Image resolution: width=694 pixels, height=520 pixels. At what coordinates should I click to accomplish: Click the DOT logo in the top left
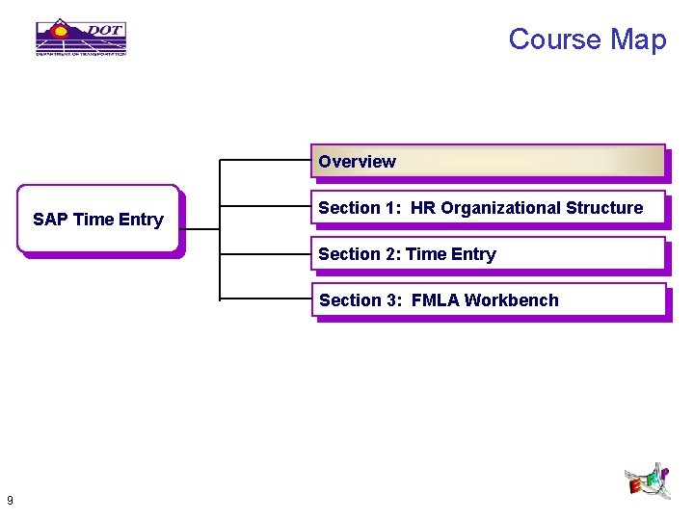[x=81, y=38]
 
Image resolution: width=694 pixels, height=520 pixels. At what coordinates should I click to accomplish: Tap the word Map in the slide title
[x=638, y=39]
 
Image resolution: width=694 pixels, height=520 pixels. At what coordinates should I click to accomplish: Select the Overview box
[x=488, y=162]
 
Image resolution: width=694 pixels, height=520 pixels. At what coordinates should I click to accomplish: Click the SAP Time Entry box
[x=98, y=220]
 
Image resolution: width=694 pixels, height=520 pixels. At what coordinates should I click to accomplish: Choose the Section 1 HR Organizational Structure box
[x=488, y=208]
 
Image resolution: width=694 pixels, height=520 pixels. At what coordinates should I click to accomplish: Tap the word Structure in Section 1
[x=604, y=208]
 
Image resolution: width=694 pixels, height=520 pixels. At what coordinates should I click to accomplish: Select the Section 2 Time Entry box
[x=488, y=254]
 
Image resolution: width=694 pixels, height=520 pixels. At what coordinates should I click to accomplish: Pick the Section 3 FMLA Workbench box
[x=488, y=300]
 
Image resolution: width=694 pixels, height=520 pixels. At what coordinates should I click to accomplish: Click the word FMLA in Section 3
[x=435, y=300]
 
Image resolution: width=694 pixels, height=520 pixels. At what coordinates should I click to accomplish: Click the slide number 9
[x=9, y=500]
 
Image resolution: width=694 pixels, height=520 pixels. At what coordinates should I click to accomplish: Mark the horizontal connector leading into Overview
[x=266, y=160]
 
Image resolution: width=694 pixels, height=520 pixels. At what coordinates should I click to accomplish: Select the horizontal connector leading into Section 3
[x=266, y=299]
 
